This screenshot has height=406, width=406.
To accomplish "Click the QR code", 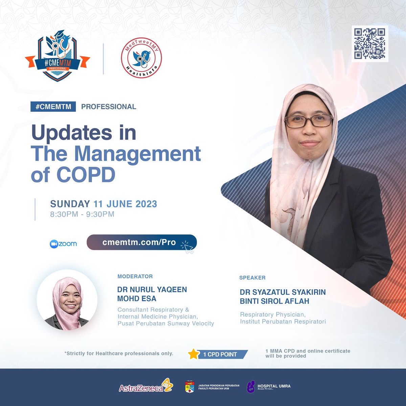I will (x=369, y=44).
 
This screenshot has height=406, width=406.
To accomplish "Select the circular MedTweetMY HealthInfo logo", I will (x=141, y=58).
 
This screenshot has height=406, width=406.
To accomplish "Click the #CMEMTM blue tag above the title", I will (x=53, y=107).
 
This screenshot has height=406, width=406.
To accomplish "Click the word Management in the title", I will (x=137, y=154).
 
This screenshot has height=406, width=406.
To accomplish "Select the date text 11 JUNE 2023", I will (x=125, y=204).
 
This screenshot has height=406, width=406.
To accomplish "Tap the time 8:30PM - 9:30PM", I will (x=82, y=214).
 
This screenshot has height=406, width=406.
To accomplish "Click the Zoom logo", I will (x=63, y=244).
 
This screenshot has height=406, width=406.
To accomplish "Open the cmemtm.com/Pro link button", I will (x=141, y=243).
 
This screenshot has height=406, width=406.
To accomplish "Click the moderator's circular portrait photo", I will (x=67, y=300).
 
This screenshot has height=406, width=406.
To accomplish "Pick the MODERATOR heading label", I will (x=135, y=276).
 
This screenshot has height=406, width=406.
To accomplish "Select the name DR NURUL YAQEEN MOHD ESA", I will (x=152, y=294).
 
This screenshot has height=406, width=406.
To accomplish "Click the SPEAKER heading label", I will (x=252, y=278).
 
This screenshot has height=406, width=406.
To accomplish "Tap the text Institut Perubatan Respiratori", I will (x=283, y=321).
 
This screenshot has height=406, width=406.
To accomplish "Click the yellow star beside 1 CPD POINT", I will (x=194, y=354).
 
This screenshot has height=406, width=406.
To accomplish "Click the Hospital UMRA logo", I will (x=269, y=387).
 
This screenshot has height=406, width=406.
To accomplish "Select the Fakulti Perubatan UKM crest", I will (x=190, y=387).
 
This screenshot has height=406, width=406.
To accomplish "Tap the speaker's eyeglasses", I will (x=309, y=121).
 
